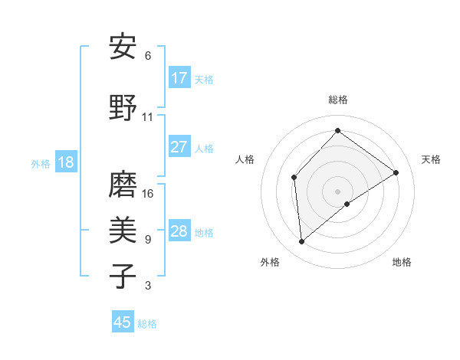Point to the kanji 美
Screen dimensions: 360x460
coord(123,229)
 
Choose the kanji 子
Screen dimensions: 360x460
coord(123,275)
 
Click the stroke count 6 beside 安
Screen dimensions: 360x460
coord(148,56)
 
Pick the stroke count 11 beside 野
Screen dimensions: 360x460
coord(148,117)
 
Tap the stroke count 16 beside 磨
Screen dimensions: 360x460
coord(148,194)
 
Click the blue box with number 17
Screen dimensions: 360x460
coord(179,78)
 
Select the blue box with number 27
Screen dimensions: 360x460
coord(179,147)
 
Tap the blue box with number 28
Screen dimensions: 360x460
coord(179,231)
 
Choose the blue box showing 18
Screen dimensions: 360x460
coord(65,162)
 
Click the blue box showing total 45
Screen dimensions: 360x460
coord(123,322)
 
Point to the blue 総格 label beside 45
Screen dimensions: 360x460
coord(147,324)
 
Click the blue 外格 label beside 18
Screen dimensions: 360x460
coord(41,163)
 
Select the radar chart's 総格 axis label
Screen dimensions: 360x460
coord(337,100)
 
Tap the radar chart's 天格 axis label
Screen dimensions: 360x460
coord(431,159)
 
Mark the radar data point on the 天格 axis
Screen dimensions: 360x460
coord(396,172)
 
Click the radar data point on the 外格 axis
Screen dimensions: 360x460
coord(302,242)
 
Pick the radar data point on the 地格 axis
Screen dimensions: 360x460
coord(347,204)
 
